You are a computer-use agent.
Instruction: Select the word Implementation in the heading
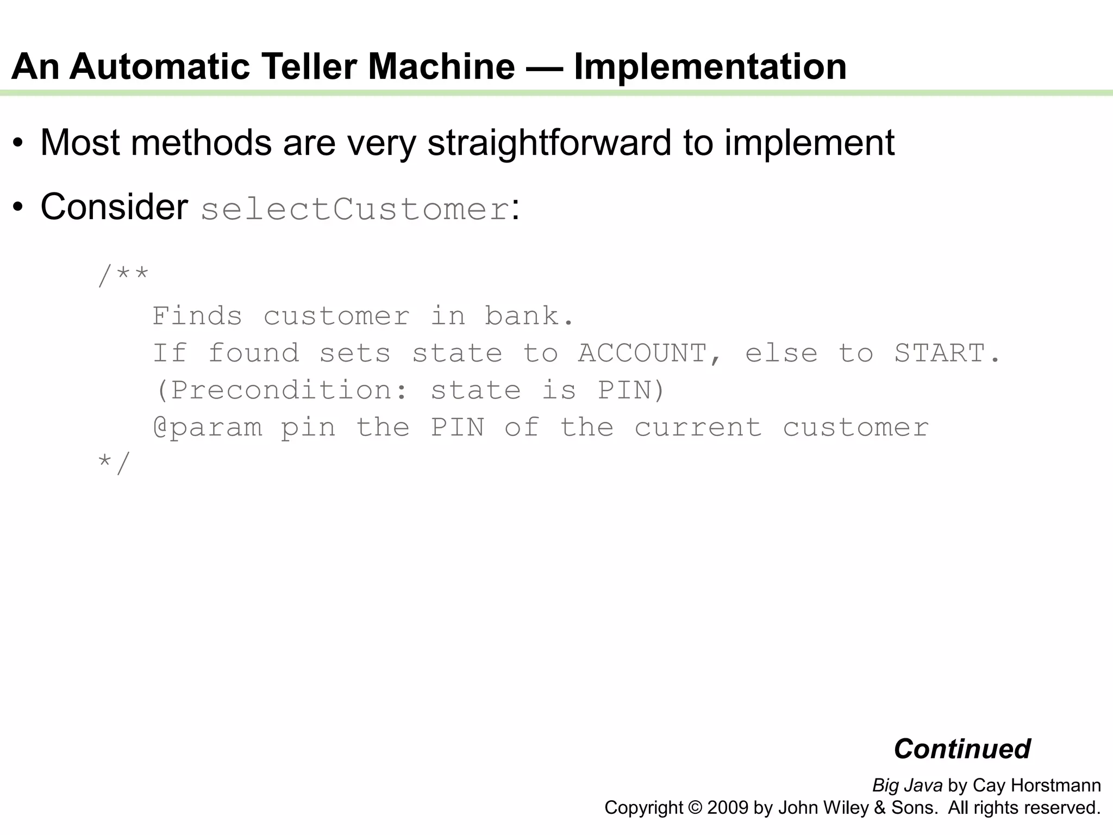[x=710, y=67]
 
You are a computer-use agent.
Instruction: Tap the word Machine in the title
[x=441, y=67]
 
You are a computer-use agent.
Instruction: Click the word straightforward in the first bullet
[x=549, y=143]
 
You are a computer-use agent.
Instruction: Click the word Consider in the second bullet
[x=114, y=207]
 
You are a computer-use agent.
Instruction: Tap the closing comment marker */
[x=114, y=464]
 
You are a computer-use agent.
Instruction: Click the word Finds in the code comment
[x=197, y=316]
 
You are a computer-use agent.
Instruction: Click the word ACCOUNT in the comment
[x=642, y=353]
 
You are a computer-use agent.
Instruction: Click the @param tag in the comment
[x=208, y=428]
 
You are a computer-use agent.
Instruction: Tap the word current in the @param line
[x=698, y=428]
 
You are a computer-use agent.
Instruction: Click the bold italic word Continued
[x=962, y=749]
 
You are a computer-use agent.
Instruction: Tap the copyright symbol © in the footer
[x=695, y=808]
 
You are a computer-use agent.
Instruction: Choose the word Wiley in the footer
[x=846, y=808]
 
